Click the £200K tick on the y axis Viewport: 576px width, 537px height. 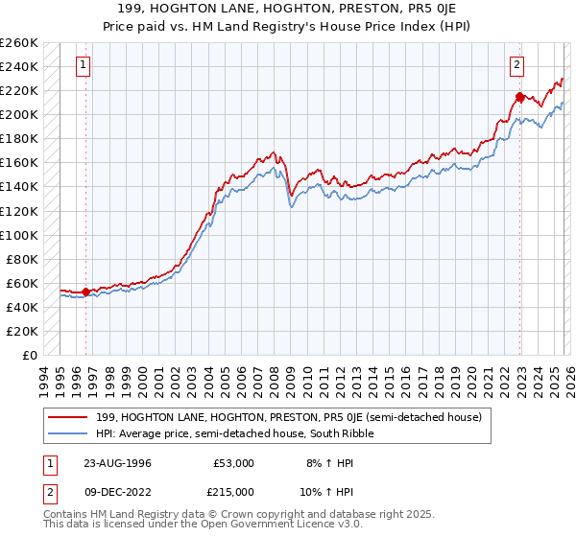coord(19,114)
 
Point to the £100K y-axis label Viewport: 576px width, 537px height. coord(19,235)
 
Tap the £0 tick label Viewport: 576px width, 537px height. coord(28,355)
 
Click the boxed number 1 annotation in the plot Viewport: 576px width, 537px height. coord(84,65)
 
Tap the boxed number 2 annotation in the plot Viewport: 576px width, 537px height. coord(517,65)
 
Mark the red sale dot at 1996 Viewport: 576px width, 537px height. coord(86,292)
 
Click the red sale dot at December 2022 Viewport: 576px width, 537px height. coord(519,96)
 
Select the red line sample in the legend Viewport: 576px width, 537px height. coord(69,417)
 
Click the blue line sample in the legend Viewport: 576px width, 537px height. coord(69,433)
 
